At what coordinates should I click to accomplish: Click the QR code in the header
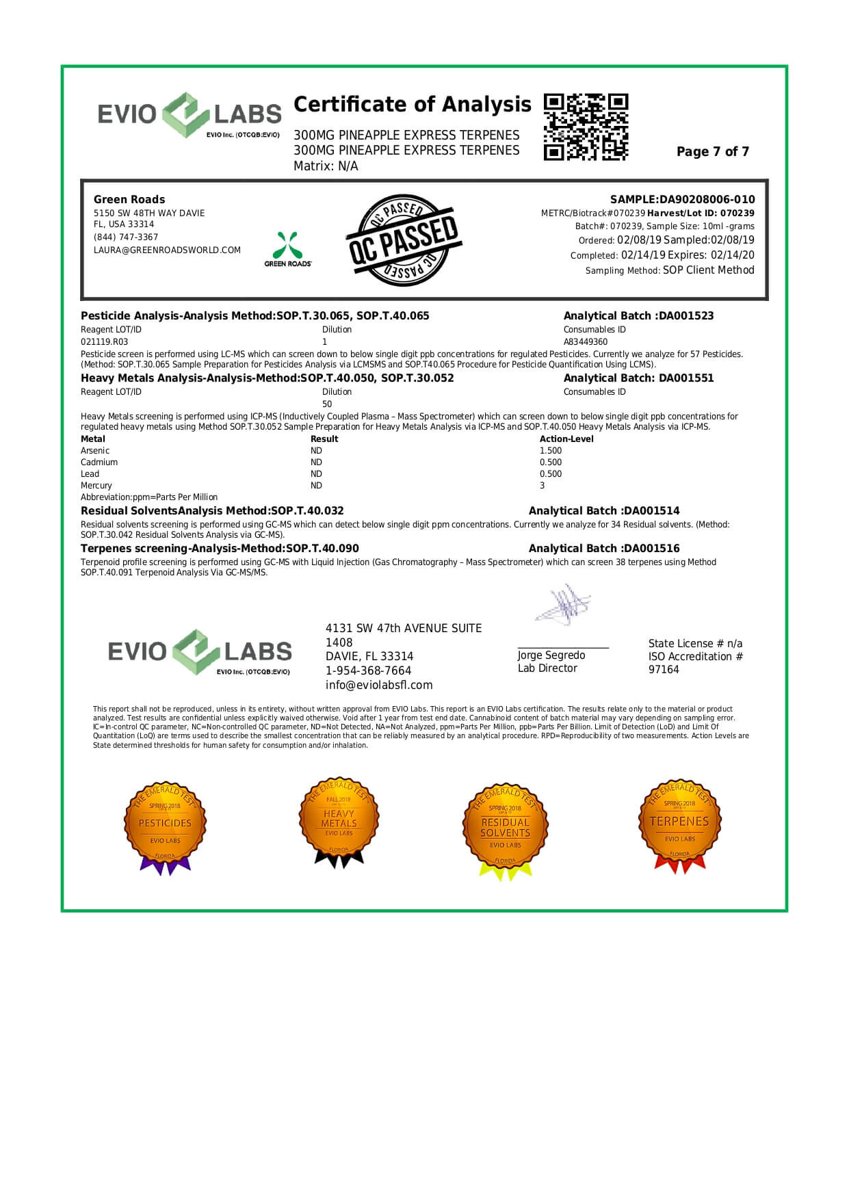click(586, 127)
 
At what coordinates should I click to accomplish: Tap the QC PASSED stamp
click(404, 240)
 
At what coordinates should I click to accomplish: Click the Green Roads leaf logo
click(288, 246)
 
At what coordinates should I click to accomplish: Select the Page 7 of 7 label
click(712, 152)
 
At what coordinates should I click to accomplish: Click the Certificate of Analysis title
click(412, 105)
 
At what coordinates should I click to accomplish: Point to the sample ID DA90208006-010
click(707, 200)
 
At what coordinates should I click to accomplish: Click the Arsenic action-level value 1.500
click(551, 451)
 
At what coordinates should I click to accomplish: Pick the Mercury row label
click(96, 486)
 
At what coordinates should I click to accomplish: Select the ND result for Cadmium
click(316, 462)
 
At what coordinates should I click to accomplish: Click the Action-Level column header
click(566, 439)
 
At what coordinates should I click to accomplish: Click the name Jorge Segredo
click(551, 655)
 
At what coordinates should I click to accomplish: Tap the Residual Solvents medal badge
click(505, 829)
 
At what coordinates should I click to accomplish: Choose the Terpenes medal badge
click(679, 825)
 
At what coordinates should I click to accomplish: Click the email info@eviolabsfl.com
click(379, 686)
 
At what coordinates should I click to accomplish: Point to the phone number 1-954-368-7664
click(368, 671)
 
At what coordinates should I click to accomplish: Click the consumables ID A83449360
click(585, 342)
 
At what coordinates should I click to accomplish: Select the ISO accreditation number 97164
click(664, 670)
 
